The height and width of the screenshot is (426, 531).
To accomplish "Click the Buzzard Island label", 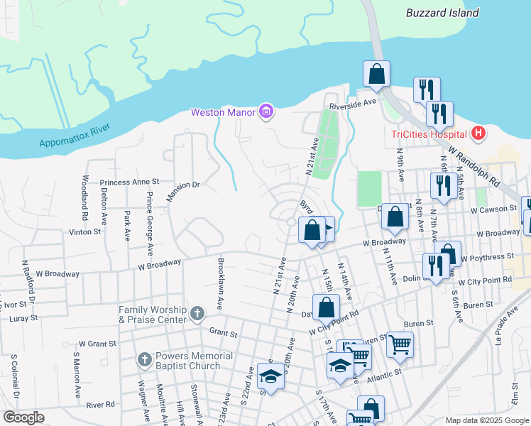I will coord(442,13).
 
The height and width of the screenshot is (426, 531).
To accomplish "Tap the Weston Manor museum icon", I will coord(266,111).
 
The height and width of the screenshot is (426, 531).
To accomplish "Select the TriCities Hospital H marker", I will coord(479,133).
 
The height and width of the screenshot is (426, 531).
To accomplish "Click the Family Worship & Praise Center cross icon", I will coord(197,311).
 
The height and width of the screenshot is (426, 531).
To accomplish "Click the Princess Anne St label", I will coord(130,182).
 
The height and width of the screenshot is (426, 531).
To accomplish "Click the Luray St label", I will coord(23,318).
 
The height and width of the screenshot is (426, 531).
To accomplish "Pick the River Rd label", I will coord(100,405).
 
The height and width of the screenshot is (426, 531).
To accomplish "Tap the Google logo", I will coord(24,417).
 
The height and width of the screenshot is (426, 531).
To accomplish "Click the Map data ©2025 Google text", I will coord(486,420).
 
